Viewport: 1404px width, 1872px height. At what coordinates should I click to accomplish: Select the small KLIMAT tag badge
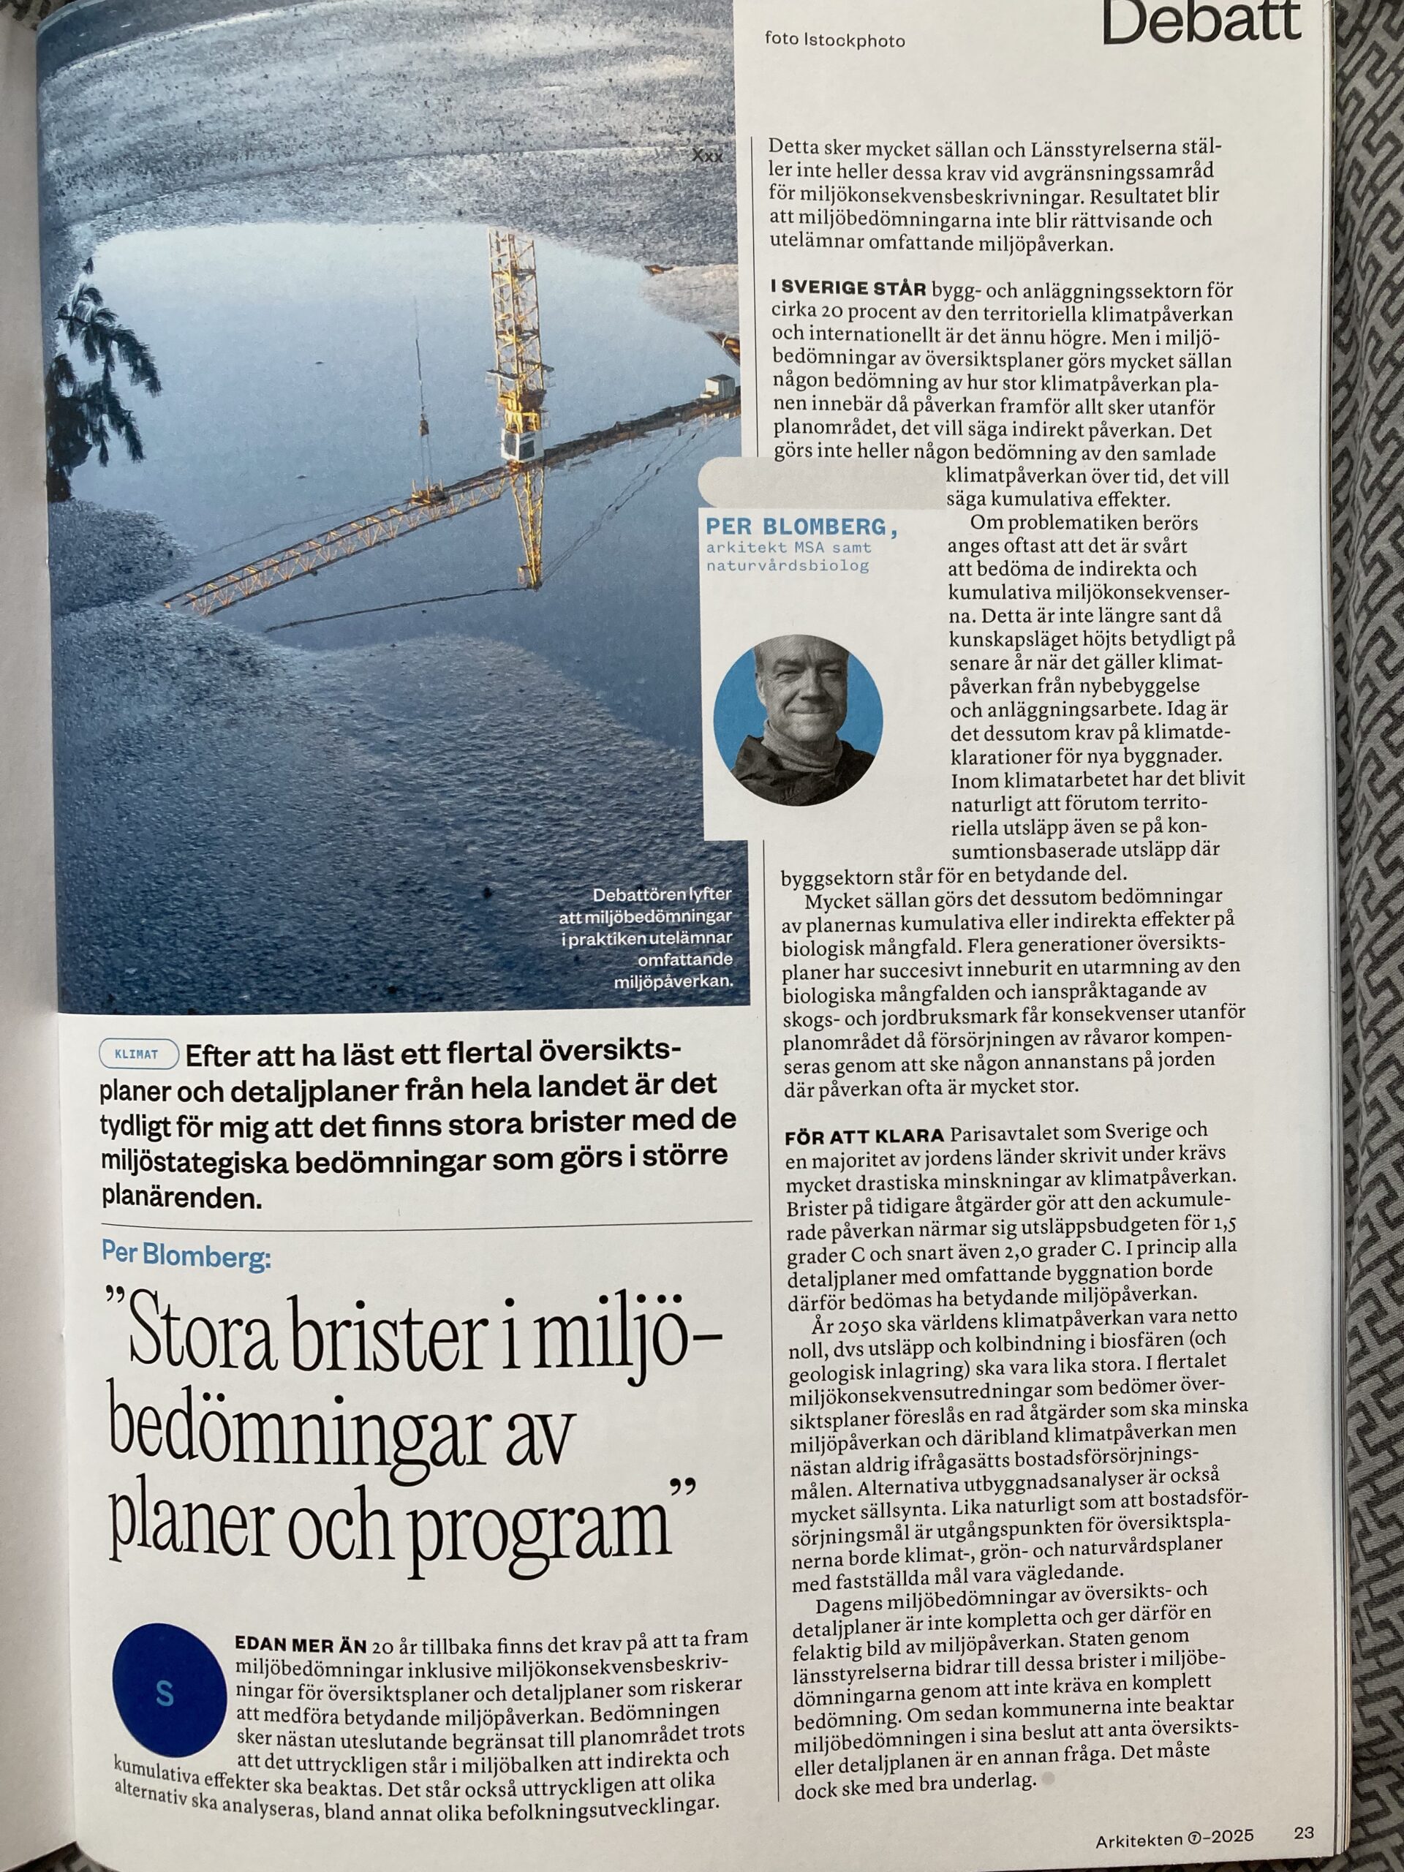pyautogui.click(x=139, y=1055)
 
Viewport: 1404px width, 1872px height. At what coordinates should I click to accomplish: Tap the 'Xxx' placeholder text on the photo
pyautogui.click(x=708, y=156)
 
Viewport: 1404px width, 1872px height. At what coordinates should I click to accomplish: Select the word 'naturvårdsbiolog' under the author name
pyautogui.click(x=788, y=566)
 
